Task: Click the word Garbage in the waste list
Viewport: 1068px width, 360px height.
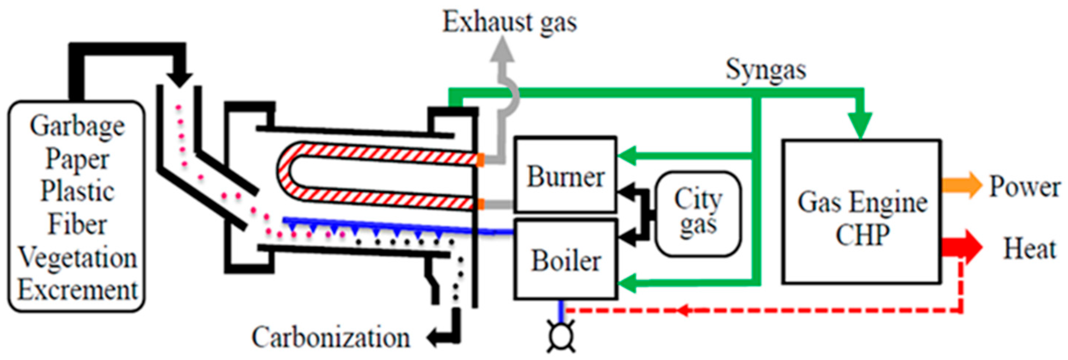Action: pyautogui.click(x=77, y=126)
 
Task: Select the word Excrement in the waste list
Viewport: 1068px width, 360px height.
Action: pyautogui.click(x=77, y=290)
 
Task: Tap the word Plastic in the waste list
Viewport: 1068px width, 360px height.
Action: pyautogui.click(x=77, y=191)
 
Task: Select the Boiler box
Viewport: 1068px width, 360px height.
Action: pyautogui.click(x=565, y=260)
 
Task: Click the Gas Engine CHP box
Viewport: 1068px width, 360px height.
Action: pyautogui.click(x=861, y=212)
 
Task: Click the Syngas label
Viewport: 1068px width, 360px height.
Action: pyautogui.click(x=765, y=70)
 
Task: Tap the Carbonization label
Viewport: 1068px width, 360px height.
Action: pyautogui.click(x=330, y=338)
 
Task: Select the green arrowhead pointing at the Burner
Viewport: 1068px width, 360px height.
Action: pyautogui.click(x=626, y=155)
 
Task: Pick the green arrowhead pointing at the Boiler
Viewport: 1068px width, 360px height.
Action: pyautogui.click(x=626, y=283)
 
